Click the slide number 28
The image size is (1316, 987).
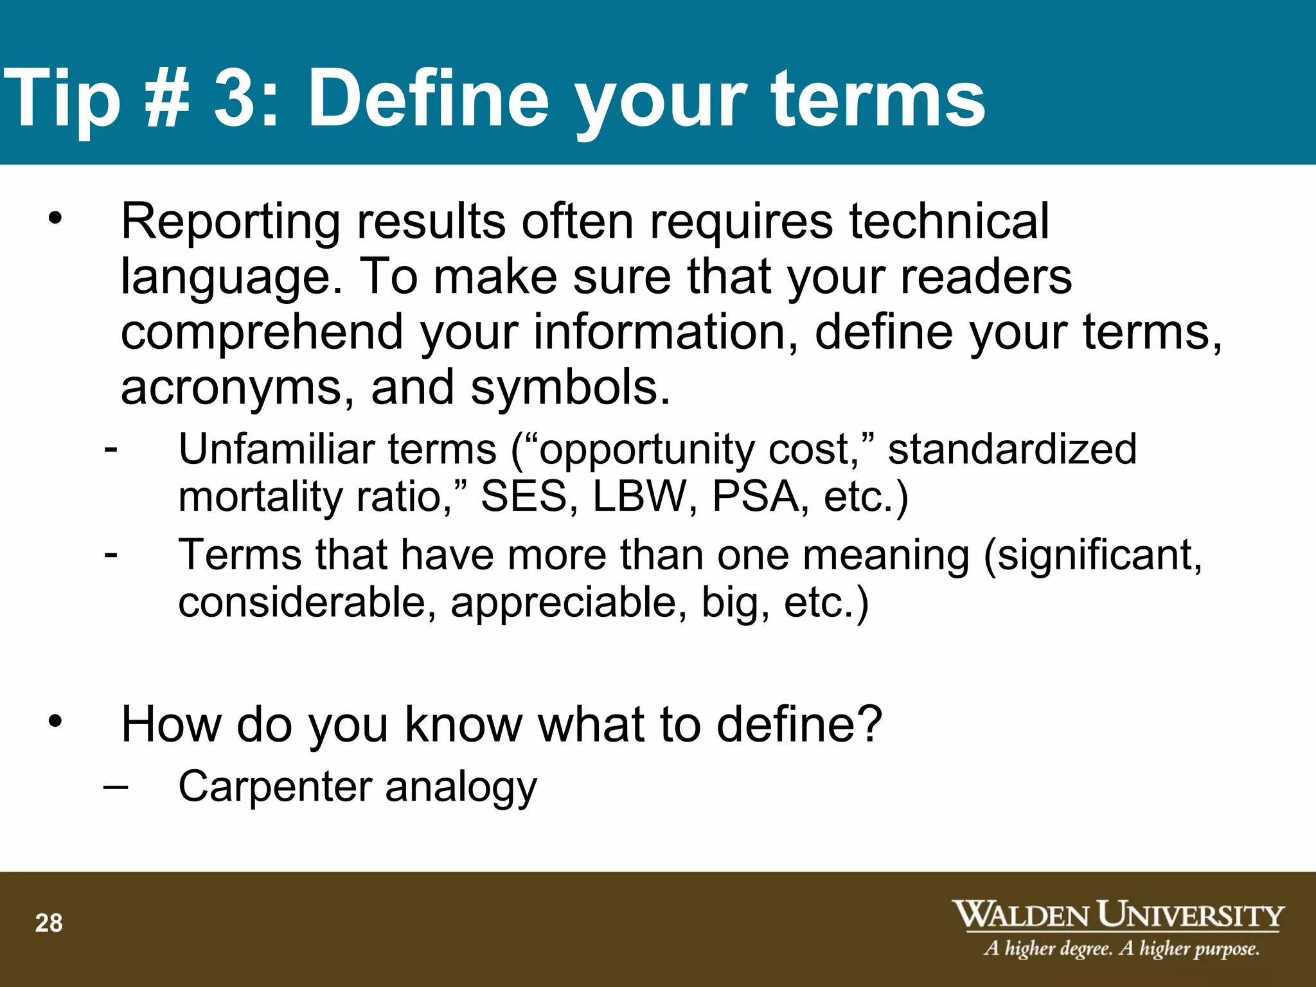tap(49, 923)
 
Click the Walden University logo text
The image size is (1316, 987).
tap(1117, 914)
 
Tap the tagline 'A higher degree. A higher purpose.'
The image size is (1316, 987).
tap(1121, 948)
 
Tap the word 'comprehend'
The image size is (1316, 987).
tap(263, 333)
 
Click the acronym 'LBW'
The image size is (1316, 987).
tap(639, 497)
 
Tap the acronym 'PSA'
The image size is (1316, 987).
tap(755, 497)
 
